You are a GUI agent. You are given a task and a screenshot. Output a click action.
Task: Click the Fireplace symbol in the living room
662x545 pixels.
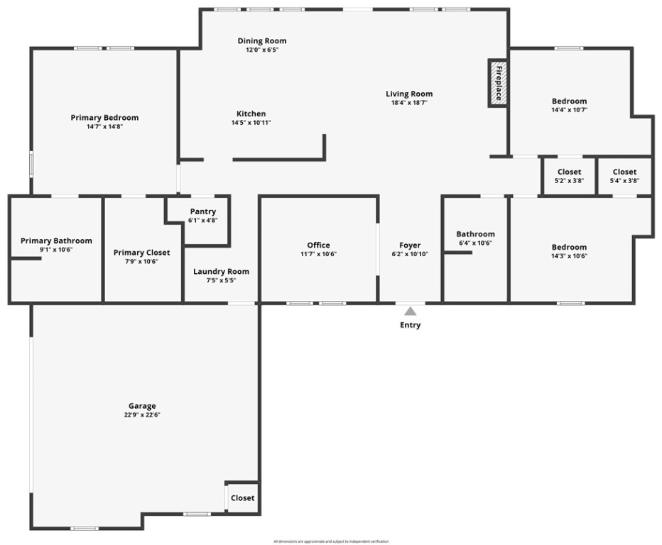tap(498, 82)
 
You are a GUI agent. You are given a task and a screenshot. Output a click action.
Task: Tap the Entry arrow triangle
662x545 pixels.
tap(410, 310)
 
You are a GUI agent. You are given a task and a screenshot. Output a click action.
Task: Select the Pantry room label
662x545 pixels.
tap(202, 211)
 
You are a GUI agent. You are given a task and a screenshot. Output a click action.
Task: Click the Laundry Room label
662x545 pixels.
tap(221, 271)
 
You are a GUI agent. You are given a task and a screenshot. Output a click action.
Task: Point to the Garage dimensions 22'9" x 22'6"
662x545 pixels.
tap(142, 415)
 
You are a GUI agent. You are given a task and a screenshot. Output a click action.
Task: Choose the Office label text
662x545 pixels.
tap(318, 245)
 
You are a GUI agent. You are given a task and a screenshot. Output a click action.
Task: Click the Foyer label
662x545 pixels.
tap(410, 245)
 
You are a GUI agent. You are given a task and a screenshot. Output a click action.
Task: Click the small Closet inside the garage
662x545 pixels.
tap(242, 497)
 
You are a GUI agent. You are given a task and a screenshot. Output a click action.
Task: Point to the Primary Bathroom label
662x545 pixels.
tap(56, 241)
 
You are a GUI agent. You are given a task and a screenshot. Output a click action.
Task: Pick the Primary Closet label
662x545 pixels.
tap(142, 252)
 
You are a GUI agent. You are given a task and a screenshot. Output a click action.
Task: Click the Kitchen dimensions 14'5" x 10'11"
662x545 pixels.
tap(251, 123)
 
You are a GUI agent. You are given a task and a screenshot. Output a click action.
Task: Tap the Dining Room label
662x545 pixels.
tap(262, 40)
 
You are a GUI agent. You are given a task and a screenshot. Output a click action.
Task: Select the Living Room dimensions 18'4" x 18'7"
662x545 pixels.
tap(409, 102)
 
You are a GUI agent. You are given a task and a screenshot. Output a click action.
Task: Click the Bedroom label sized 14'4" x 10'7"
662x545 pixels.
tap(569, 101)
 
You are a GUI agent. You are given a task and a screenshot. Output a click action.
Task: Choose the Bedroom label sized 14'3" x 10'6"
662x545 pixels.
tap(569, 247)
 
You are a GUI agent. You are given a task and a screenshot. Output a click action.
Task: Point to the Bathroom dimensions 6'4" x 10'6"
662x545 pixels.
tap(475, 243)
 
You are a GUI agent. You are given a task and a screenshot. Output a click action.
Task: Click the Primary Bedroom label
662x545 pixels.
tap(104, 117)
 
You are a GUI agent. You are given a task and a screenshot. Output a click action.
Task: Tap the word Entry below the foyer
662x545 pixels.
tap(410, 325)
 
